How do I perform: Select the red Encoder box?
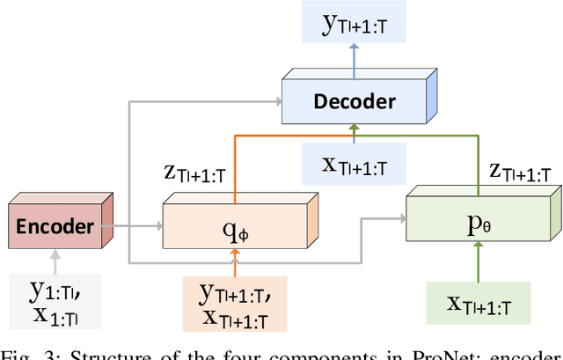(55, 227)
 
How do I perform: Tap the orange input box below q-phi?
(235, 302)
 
